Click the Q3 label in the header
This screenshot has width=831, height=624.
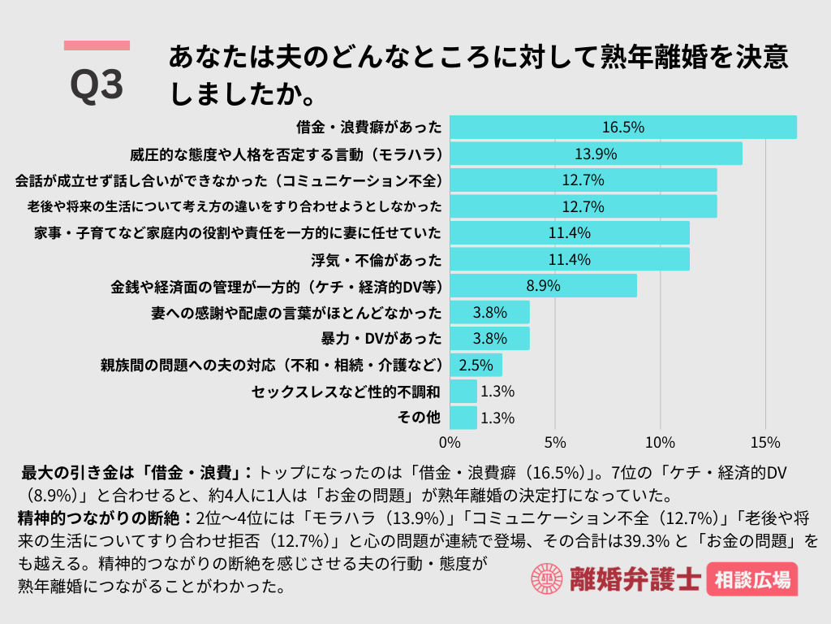97,84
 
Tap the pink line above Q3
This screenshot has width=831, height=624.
97,45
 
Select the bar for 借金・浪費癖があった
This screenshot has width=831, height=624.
622,128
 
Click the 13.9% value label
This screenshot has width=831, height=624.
596,154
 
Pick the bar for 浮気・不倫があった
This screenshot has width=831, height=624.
569,259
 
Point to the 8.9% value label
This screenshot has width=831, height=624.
543,286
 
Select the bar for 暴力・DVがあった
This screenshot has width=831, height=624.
489,339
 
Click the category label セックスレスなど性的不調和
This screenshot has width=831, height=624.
347,392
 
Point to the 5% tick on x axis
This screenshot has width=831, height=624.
555,444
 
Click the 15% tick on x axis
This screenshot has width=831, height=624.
765,444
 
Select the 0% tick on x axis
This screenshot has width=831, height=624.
450,444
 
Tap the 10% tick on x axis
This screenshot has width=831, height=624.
660,444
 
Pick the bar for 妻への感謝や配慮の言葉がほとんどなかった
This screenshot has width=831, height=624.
489,312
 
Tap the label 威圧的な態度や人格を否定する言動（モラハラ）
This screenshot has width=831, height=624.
286,154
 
